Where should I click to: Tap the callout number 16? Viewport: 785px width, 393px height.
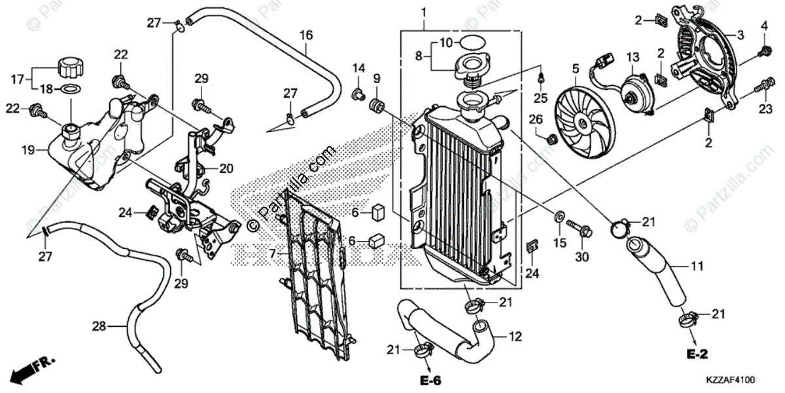tap(306, 34)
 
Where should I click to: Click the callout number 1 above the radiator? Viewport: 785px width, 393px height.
tap(424, 12)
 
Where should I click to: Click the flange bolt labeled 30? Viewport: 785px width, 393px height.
tap(580, 230)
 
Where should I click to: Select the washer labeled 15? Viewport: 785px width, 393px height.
tap(561, 215)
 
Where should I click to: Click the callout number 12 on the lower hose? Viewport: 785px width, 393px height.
tap(515, 337)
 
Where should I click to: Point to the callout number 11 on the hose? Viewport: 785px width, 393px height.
tap(699, 267)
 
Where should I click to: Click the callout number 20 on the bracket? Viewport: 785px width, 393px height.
tap(226, 169)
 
